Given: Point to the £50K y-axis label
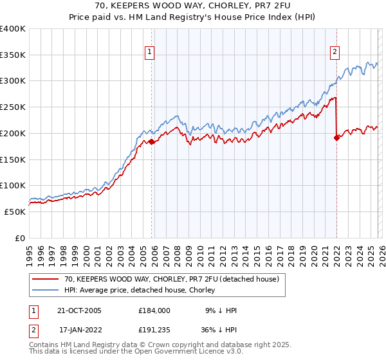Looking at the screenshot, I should coord(13,212).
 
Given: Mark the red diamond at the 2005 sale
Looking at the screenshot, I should coord(152,141).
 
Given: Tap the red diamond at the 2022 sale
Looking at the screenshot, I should coord(336,138).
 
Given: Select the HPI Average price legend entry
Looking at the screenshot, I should coord(141,291).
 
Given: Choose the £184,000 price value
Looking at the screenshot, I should coord(154,310).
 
